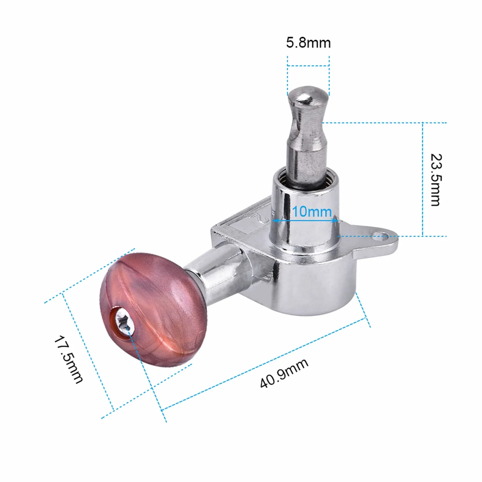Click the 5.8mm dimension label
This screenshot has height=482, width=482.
coord(308,43)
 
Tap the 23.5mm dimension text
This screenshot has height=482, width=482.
coord(436,180)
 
